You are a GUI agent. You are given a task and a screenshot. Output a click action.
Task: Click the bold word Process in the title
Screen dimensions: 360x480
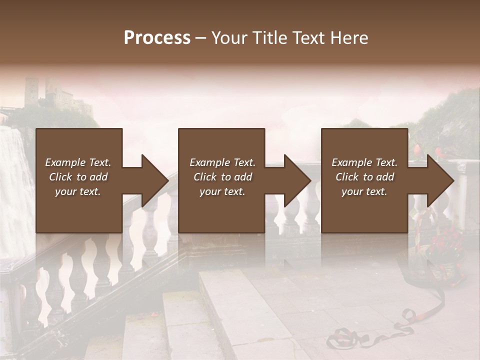click(x=157, y=37)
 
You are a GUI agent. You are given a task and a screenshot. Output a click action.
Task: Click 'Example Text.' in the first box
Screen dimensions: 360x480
click(x=78, y=162)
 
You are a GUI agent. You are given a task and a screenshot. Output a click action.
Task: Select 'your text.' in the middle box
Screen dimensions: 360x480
click(x=222, y=191)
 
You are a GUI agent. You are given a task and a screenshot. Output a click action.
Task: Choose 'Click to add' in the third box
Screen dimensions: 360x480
click(x=364, y=177)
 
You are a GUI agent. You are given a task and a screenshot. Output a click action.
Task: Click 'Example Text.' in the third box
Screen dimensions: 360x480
click(x=364, y=162)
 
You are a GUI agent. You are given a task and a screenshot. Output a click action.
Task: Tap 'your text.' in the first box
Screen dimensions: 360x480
click(x=78, y=191)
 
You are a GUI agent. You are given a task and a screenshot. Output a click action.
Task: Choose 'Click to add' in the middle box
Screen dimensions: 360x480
click(x=222, y=177)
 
